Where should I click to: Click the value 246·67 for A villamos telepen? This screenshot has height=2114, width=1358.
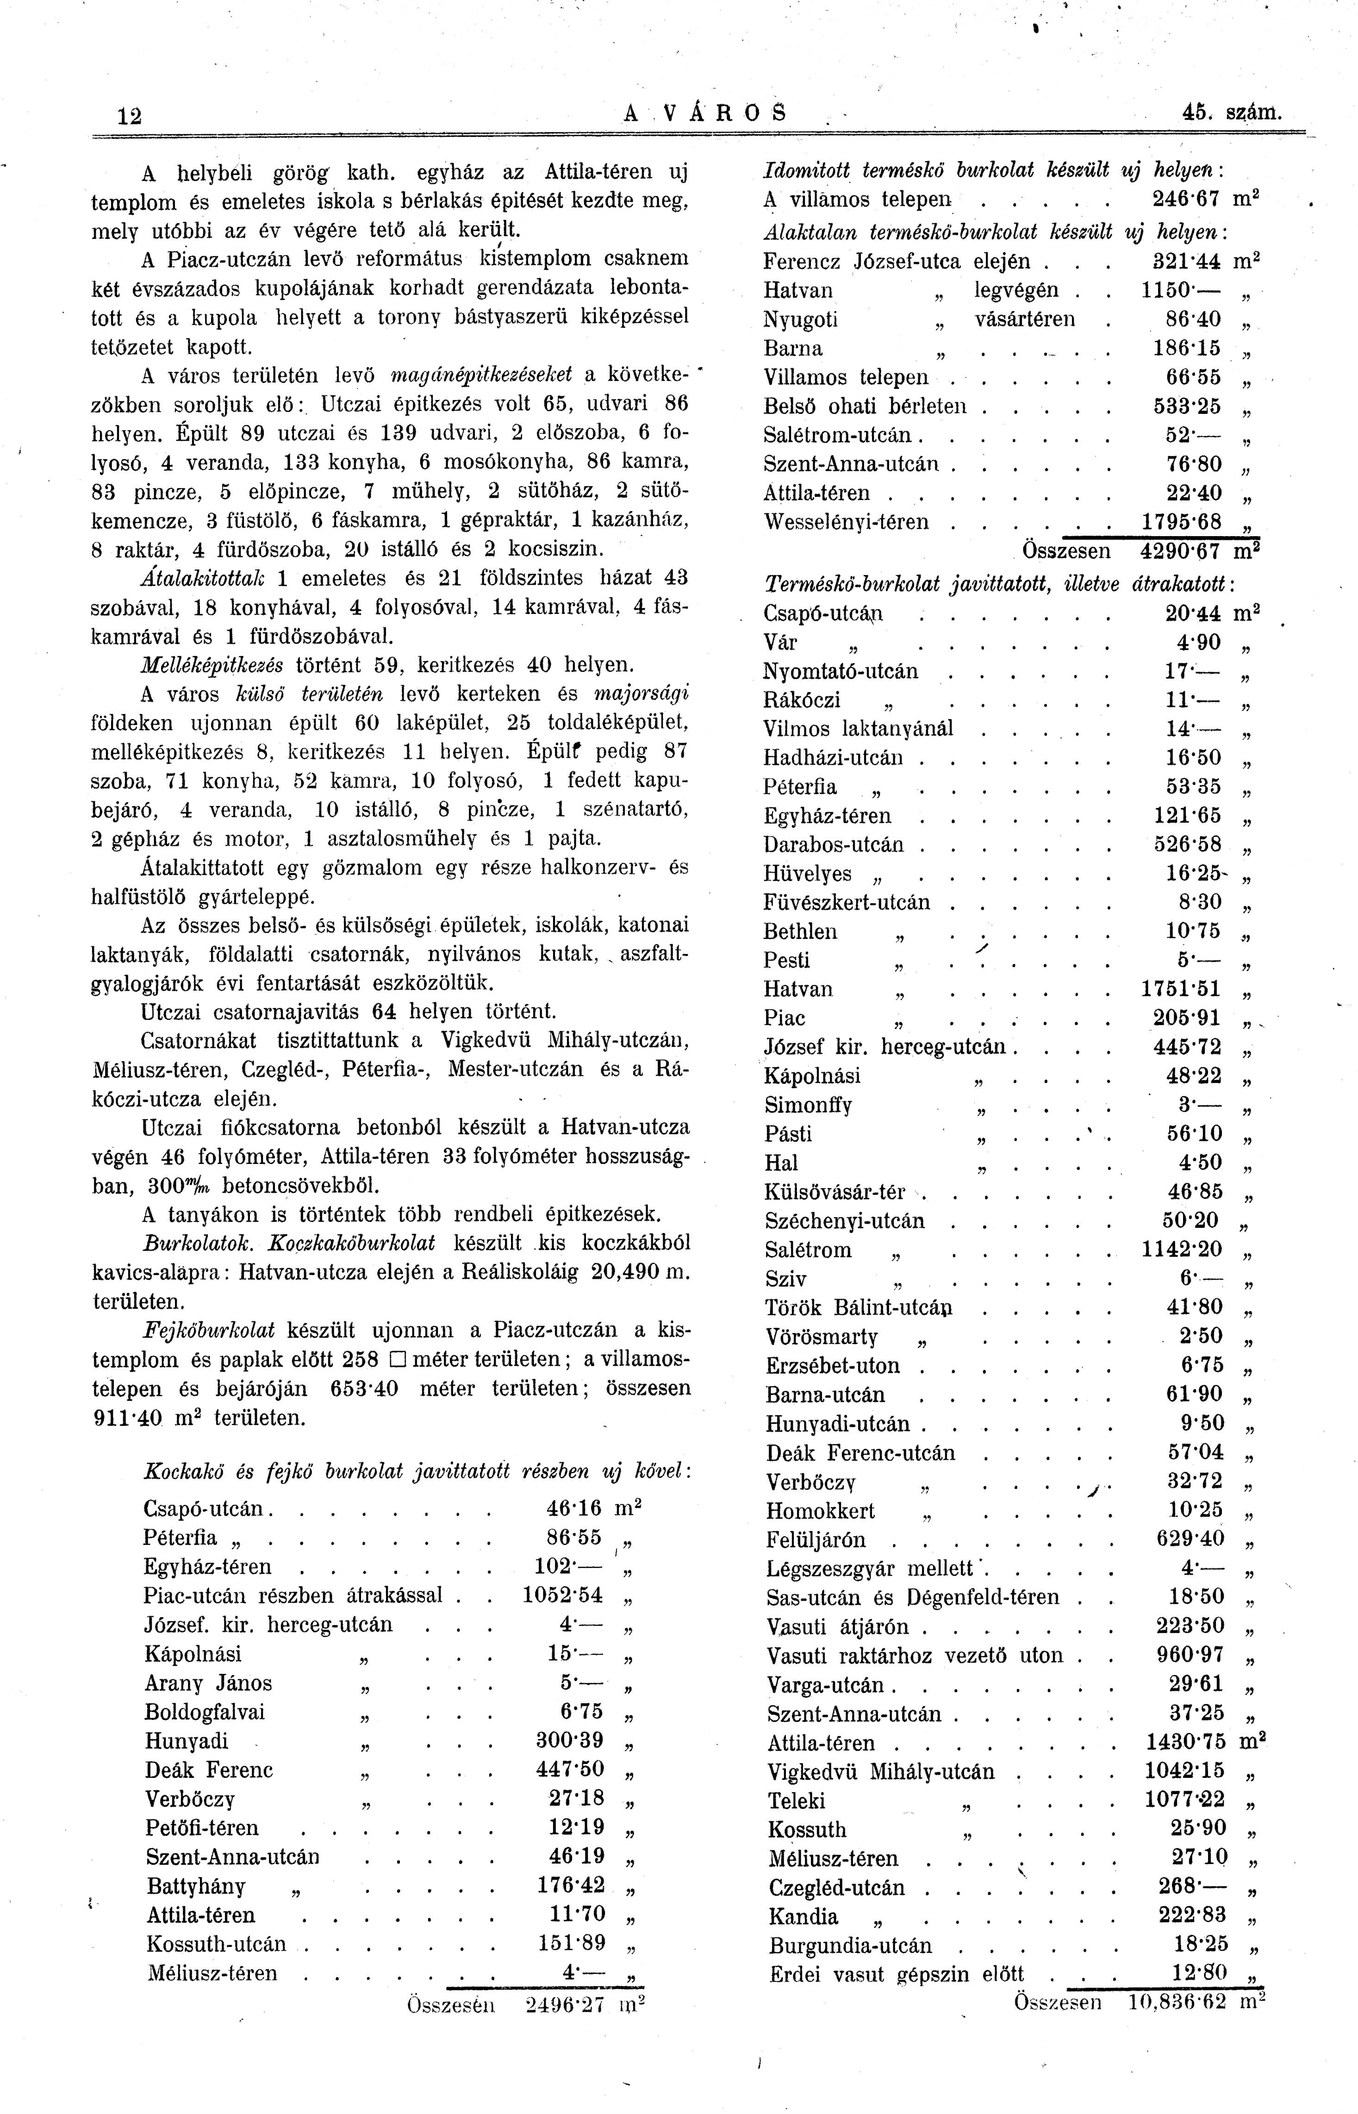1186,200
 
